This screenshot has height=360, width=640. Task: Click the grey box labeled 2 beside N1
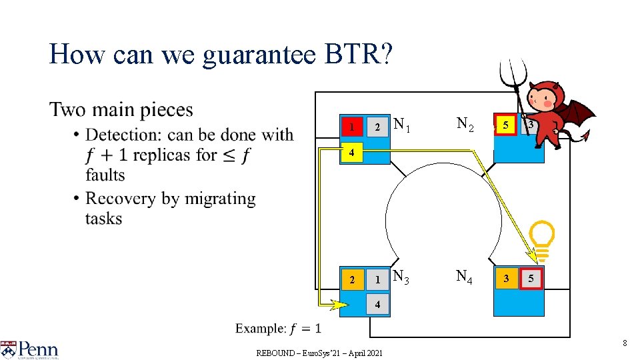pos(377,127)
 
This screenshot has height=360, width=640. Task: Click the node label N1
pos(403,124)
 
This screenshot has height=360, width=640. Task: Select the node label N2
pos(465,124)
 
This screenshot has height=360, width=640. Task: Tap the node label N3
pos(403,276)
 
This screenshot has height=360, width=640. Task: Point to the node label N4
pos(465,276)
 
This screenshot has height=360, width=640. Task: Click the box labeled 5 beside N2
pos(506,125)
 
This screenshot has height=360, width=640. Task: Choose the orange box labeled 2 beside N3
pos(353,279)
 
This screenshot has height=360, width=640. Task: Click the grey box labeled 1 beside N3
pos(377,279)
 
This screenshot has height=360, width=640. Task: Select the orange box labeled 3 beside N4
pos(506,278)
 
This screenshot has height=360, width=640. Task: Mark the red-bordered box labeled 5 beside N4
pos(531,278)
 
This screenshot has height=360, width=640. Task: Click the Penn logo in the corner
pos(30,350)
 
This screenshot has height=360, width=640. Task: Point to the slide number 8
pos(625,343)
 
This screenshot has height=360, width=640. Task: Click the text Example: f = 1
pos(278,328)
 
